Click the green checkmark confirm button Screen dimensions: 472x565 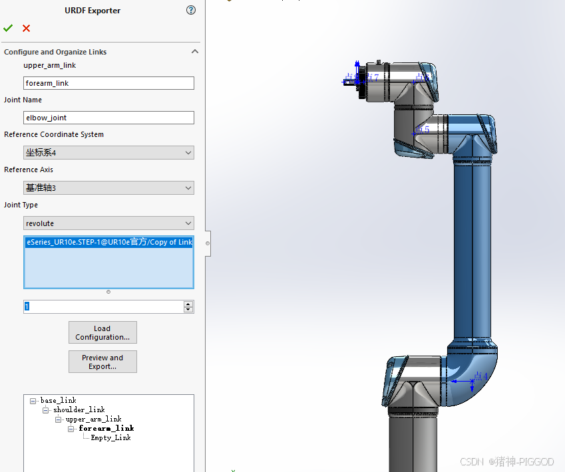pos(8,28)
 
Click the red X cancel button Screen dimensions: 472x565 pos(26,28)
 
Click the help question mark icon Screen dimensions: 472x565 pos(191,10)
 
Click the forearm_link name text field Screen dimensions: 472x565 pos(108,83)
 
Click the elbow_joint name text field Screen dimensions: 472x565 pos(108,118)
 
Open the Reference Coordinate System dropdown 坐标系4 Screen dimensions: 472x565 pos(108,153)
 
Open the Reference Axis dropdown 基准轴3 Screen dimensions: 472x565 pos(108,188)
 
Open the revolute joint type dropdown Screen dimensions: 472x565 pos(108,223)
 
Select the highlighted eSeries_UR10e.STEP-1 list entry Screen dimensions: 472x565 pos(108,243)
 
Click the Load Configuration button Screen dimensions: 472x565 pos(102,332)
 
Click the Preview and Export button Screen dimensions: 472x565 pos(102,362)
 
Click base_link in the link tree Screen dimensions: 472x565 pos(58,400)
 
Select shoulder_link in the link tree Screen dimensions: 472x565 pos(79,410)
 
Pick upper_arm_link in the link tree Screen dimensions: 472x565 pos(93,419)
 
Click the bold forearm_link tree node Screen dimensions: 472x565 pos(106,428)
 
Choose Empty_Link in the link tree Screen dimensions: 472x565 pos(110,437)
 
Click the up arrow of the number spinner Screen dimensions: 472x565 pos(188,304)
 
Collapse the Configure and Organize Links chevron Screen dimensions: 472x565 pos(195,52)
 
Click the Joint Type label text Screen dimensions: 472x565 pos(21,205)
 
